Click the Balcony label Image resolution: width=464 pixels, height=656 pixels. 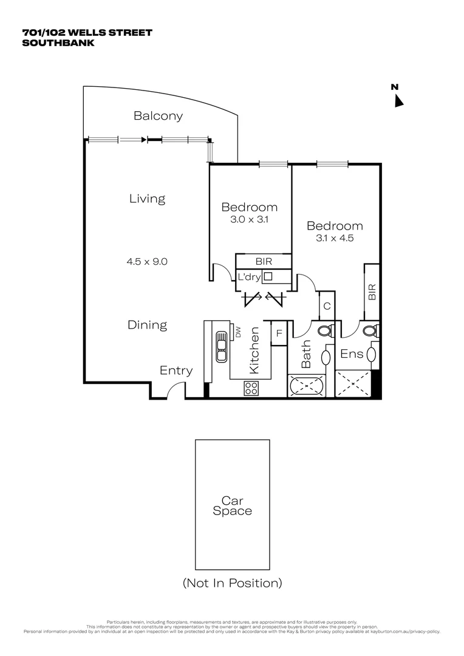(x=158, y=116)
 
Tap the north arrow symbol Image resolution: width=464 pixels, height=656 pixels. (x=398, y=101)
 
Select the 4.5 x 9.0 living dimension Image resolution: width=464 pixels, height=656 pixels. (x=147, y=262)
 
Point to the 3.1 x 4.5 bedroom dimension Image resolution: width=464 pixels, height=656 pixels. (x=335, y=238)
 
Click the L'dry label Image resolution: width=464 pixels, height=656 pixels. (x=249, y=277)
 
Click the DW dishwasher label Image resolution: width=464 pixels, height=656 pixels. (x=238, y=332)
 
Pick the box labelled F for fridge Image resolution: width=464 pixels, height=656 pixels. (x=279, y=333)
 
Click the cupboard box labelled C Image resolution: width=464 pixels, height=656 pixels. (x=327, y=306)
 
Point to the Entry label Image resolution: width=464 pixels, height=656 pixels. (x=176, y=371)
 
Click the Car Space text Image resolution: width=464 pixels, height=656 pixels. (x=232, y=506)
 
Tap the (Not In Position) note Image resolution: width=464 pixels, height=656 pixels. (x=232, y=583)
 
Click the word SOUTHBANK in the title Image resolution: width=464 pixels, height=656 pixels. (x=58, y=43)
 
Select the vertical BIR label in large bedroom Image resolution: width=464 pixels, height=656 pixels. (x=372, y=292)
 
